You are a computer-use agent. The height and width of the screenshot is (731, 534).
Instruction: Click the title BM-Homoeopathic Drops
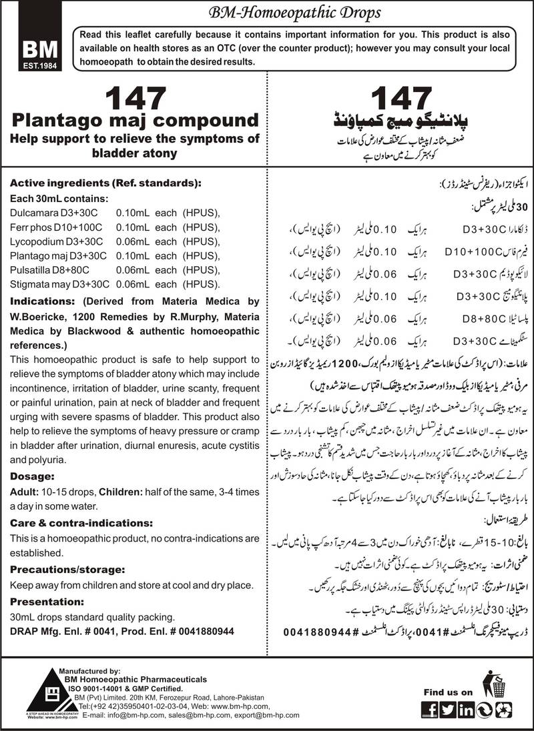tap(306, 12)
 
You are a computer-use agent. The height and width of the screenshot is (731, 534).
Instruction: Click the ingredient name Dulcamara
tap(33, 212)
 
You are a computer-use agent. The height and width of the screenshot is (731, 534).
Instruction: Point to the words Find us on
tap(449, 692)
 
